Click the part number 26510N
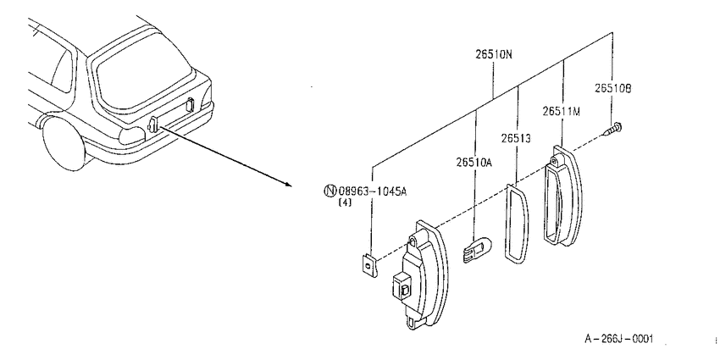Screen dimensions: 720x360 coord(493,55)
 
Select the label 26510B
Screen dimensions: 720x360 coord(613,89)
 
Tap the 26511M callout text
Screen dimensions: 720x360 coord(561,112)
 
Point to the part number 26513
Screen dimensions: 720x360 coord(516,138)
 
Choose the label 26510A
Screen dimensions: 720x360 coord(474,162)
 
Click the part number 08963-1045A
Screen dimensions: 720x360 coord(373,191)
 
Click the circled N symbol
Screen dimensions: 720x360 coord(330,191)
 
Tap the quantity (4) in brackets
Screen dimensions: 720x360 coord(345,202)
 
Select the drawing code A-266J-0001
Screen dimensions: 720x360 coord(618,340)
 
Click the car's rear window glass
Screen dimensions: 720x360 coord(143,71)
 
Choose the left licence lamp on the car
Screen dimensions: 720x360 coord(153,124)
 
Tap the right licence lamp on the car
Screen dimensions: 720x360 coord(190,105)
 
